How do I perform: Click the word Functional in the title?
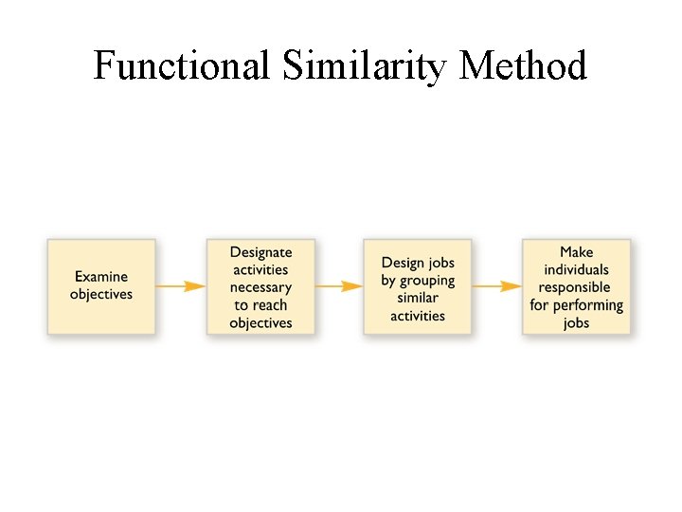(182, 66)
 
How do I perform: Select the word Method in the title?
(524, 66)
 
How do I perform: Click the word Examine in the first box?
(101, 277)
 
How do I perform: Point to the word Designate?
(260, 252)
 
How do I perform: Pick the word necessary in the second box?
(260, 287)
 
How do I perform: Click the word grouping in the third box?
(427, 281)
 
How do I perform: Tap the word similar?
(418, 298)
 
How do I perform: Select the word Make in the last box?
(576, 252)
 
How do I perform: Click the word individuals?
(576, 269)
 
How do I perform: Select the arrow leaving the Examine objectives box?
(181, 285)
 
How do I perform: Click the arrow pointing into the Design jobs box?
(339, 285)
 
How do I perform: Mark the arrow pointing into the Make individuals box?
(496, 285)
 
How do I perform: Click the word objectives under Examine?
(101, 295)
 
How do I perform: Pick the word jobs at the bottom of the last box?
(576, 323)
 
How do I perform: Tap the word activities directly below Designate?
(260, 270)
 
